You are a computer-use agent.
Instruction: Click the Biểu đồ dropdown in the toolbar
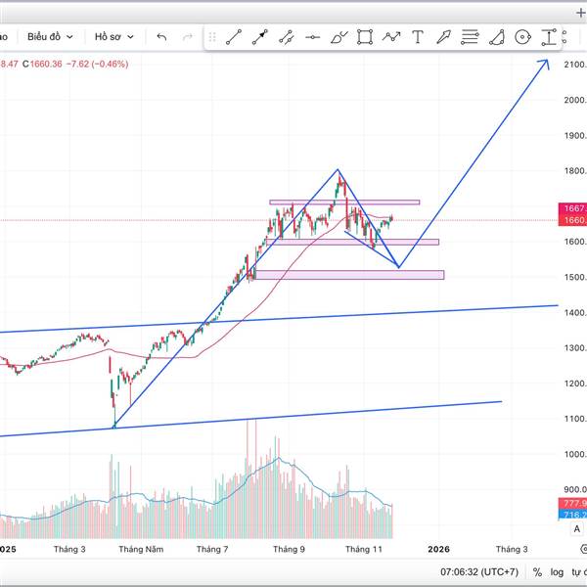[49, 36]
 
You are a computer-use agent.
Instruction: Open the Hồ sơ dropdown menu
[113, 36]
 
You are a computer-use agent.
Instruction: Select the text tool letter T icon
[418, 37]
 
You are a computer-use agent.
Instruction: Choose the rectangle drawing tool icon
[365, 37]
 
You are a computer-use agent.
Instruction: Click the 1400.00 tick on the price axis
[575, 312]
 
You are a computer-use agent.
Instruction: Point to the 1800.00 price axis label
[575, 170]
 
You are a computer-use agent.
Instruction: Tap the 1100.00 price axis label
[575, 419]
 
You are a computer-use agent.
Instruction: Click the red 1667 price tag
[574, 208]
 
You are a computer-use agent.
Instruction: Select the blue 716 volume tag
[574, 515]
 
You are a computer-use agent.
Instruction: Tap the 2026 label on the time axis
[439, 550]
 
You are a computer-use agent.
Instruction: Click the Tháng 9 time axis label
[288, 550]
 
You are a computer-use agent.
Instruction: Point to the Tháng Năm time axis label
[139, 550]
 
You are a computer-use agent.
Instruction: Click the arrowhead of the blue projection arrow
[546, 62]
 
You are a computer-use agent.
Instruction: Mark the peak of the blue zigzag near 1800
[338, 170]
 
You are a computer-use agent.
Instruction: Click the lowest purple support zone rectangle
[348, 275]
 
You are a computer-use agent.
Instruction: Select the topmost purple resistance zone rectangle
[344, 203]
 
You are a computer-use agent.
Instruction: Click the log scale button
[558, 571]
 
